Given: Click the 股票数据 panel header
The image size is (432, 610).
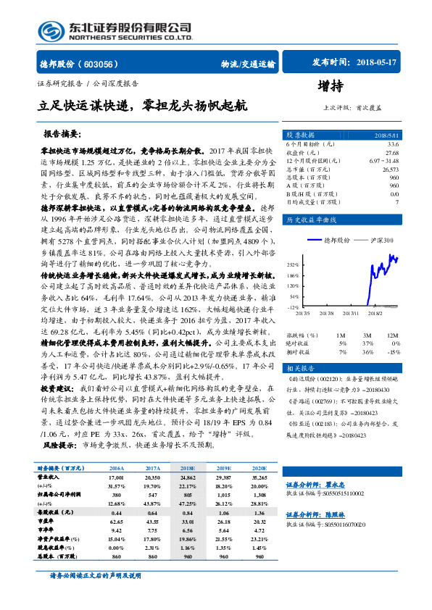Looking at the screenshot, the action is point(300,135).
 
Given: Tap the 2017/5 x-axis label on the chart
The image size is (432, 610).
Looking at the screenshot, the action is point(302,314).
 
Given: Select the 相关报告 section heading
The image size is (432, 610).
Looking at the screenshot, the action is point(299,368).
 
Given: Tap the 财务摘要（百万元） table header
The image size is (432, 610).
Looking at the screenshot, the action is point(63,469).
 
